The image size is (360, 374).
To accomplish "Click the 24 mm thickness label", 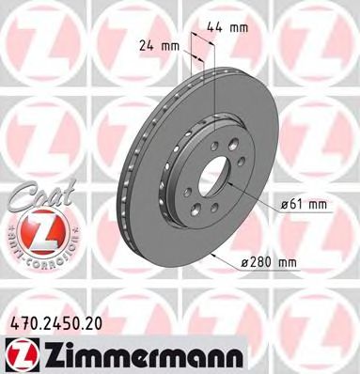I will click(158, 43).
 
